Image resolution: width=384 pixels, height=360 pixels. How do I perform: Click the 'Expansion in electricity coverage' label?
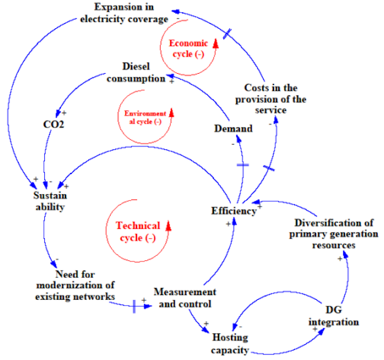(x=124, y=13)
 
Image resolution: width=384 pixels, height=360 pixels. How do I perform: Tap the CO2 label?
(x=54, y=124)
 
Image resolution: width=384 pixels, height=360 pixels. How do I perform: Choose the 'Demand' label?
(x=233, y=129)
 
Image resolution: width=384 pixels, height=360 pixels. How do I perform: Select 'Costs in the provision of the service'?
(x=271, y=99)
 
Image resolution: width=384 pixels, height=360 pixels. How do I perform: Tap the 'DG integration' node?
(x=333, y=316)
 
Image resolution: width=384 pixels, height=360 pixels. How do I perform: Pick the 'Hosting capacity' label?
(x=230, y=344)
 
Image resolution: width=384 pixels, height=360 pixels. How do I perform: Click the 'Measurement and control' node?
(x=184, y=298)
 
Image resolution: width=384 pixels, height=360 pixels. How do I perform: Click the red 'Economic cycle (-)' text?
(x=189, y=48)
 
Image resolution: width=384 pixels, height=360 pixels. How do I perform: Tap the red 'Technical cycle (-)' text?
(x=137, y=231)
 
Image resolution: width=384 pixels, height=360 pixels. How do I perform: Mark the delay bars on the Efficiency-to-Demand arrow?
(x=243, y=165)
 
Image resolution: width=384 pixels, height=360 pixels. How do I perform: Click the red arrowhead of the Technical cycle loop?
(x=168, y=224)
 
